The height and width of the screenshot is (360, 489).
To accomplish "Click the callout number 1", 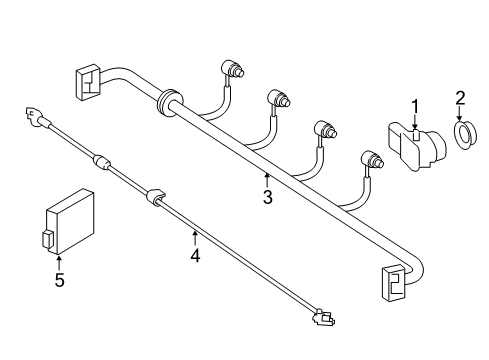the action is coord(415,107).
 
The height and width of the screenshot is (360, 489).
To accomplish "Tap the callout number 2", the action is coord(460,98).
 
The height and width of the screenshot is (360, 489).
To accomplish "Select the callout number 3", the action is coord(268,197).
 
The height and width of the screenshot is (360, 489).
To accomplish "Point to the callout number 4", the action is coord(195,256).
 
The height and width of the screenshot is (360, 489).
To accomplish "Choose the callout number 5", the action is coord(59,280).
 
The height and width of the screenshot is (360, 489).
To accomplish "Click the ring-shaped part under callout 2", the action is coord(466,136).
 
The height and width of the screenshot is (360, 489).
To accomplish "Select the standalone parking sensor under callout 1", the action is coord(417,147).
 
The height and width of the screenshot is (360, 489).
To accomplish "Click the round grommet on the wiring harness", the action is coord(170,102).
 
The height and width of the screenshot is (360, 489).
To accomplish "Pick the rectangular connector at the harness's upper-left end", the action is coord(88,82).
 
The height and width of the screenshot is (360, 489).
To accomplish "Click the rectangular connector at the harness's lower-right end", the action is coord(394,282).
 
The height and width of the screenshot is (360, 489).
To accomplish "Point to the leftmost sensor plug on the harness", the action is coord(233,68).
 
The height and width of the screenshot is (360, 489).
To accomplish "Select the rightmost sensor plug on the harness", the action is coord(373,160).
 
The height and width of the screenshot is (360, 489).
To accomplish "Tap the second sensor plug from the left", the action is coord(279,99).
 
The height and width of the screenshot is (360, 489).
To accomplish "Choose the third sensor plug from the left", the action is coord(326,129).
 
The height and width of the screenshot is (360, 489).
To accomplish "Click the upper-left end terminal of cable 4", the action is coord(33,116).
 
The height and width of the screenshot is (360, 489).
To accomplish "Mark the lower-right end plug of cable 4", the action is coord(323,317).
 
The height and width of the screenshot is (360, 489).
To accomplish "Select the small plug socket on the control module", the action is coord(47,238).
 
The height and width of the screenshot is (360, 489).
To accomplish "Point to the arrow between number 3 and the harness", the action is coord(267,180).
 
